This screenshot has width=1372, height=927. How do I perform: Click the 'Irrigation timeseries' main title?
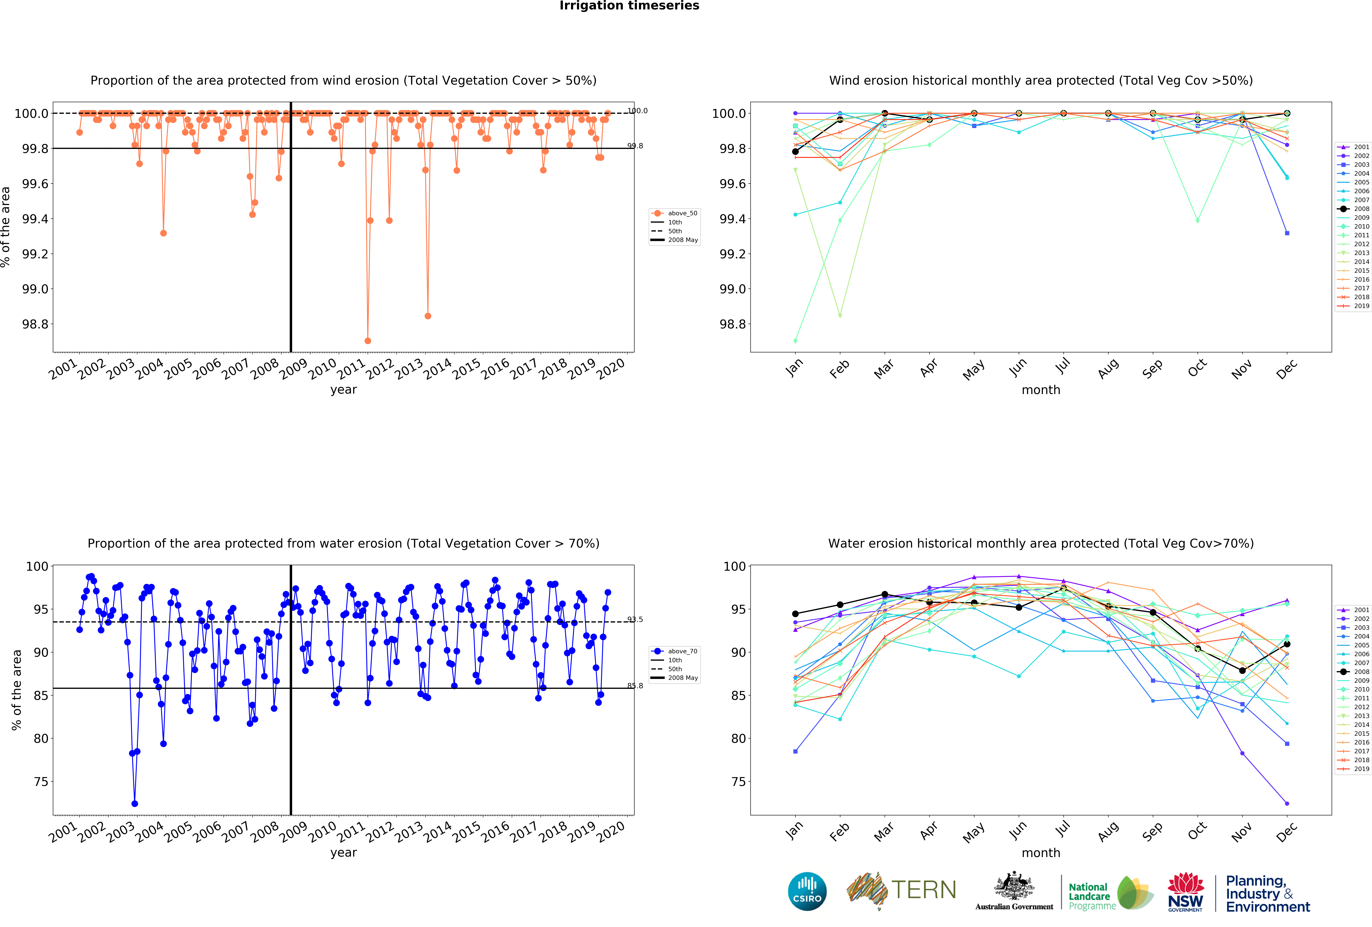629,6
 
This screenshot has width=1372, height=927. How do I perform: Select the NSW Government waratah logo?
1185,892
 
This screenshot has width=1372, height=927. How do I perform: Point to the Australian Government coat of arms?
1014,886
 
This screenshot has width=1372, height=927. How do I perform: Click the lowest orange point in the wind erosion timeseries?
368,341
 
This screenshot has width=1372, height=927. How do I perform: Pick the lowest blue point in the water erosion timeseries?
135,804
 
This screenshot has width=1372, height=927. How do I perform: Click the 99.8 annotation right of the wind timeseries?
635,146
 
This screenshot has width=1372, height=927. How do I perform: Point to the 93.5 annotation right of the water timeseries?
635,619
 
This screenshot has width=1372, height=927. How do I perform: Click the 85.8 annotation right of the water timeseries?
635,685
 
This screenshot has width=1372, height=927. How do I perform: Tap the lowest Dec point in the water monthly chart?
1287,804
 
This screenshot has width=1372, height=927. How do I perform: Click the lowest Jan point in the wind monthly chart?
795,341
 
